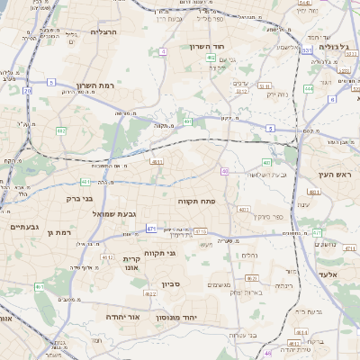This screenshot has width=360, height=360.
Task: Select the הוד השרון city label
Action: (x=211, y=47)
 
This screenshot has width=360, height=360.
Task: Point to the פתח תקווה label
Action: (x=194, y=201)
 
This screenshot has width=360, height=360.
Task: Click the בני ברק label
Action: (x=79, y=199)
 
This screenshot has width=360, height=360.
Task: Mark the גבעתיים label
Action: (x=22, y=228)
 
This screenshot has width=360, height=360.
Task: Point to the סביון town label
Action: (x=171, y=284)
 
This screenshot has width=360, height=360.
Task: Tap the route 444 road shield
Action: (x=309, y=88)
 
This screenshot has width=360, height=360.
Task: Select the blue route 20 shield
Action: (x=28, y=90)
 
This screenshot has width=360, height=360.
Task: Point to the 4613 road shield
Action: (x=157, y=161)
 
